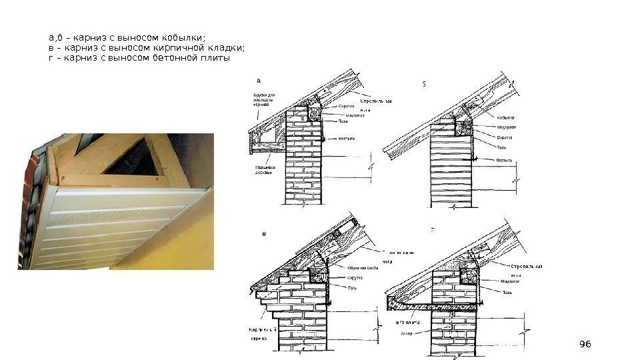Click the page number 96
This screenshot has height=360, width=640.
click(585, 343)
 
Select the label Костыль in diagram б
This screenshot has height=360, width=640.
click(504, 161)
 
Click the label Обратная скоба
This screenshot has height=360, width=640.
click(362, 268)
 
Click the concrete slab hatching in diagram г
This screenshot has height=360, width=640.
click(433, 304)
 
